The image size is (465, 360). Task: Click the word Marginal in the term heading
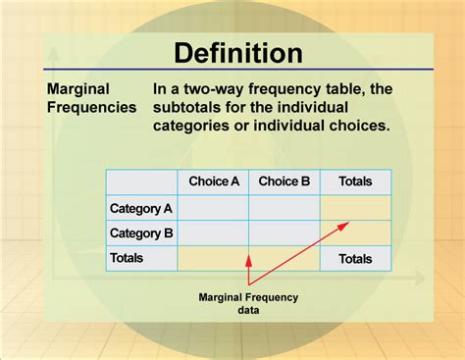click(77, 88)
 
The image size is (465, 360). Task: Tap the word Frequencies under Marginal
click(92, 107)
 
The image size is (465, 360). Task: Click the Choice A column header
click(213, 181)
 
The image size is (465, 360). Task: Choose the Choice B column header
click(284, 181)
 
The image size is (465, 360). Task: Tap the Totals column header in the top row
click(355, 181)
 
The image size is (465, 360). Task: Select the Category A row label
click(141, 208)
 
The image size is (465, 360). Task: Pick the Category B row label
click(141, 233)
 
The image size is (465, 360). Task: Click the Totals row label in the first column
click(128, 258)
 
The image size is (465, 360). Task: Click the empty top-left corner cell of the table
click(141, 181)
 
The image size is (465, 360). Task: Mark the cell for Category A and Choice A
click(213, 208)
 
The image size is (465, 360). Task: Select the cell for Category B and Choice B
click(284, 233)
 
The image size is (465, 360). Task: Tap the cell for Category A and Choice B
click(284, 208)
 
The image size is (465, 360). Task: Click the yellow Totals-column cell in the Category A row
click(355, 208)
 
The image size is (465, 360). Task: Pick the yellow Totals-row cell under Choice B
click(284, 258)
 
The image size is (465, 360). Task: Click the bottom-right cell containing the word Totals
click(355, 258)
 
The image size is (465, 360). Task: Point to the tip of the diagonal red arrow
click(348, 223)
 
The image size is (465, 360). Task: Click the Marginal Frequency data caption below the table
click(248, 303)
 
